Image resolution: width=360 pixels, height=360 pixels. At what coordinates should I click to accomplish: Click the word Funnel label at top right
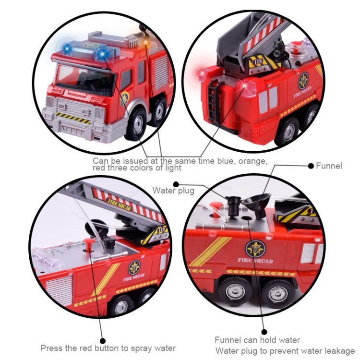329,166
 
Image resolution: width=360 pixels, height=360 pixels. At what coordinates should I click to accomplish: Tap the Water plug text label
173,191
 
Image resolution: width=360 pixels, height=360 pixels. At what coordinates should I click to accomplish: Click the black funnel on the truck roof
257,204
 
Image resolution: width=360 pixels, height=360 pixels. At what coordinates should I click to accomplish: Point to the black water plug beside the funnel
233,206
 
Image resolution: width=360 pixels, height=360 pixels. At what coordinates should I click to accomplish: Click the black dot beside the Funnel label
311,166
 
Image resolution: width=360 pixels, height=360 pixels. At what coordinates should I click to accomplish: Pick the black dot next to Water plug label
176,184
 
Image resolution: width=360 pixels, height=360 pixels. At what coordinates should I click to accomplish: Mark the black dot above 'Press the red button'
103,341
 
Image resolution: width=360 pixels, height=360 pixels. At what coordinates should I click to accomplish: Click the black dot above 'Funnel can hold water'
264,332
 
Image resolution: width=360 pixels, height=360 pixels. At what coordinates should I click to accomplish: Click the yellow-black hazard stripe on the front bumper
73,118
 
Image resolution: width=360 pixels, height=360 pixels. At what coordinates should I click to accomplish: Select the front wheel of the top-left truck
136,124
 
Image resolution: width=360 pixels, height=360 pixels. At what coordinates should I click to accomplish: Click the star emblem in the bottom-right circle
255,249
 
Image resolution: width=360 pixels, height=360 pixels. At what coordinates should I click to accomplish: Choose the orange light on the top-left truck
145,42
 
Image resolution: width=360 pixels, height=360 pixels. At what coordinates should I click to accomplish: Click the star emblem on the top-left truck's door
124,99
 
